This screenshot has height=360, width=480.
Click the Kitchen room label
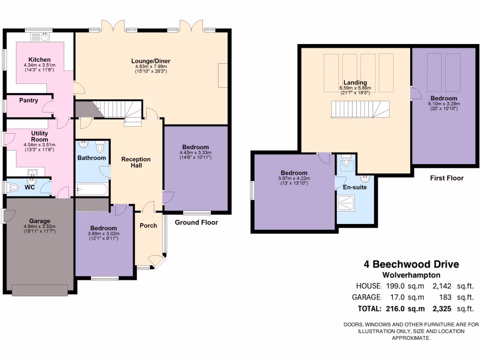click(39, 60)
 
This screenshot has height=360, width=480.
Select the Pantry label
click(29, 100)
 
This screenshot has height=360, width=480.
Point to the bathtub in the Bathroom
click(91, 190)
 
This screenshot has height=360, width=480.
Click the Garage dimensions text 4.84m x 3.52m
click(39, 227)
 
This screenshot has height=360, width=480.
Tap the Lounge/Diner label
click(150, 61)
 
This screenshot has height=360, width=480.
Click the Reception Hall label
click(136, 162)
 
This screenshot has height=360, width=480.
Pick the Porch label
click(149, 225)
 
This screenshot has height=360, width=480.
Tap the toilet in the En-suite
click(347, 162)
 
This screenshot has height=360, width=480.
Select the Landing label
click(355, 82)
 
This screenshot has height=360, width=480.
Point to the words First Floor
click(447, 178)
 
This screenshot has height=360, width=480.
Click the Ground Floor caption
click(196, 223)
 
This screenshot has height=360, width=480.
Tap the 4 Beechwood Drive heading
click(412, 264)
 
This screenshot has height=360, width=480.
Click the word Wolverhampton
click(411, 275)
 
